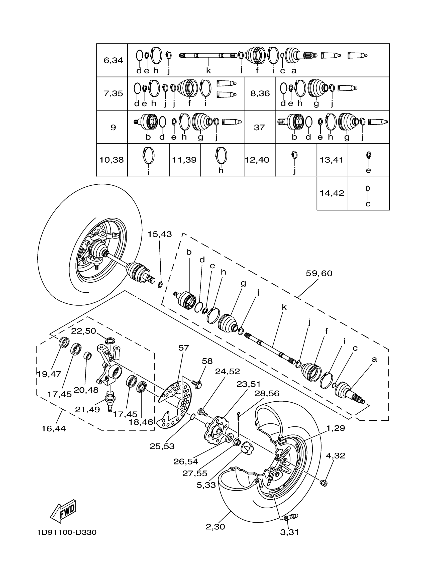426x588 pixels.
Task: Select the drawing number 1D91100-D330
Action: [x=67, y=533]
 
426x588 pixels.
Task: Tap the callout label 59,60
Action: [x=319, y=273]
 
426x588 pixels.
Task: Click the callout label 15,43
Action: [x=159, y=234]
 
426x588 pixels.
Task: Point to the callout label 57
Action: [x=184, y=348]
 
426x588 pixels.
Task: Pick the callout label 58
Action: [x=207, y=361]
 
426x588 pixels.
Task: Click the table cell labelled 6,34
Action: [x=113, y=60]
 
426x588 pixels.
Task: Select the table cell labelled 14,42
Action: [x=332, y=193]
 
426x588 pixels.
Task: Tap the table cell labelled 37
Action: [x=259, y=127]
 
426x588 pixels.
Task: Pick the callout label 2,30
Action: [x=215, y=527]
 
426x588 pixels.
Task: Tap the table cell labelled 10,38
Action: [x=112, y=160]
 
